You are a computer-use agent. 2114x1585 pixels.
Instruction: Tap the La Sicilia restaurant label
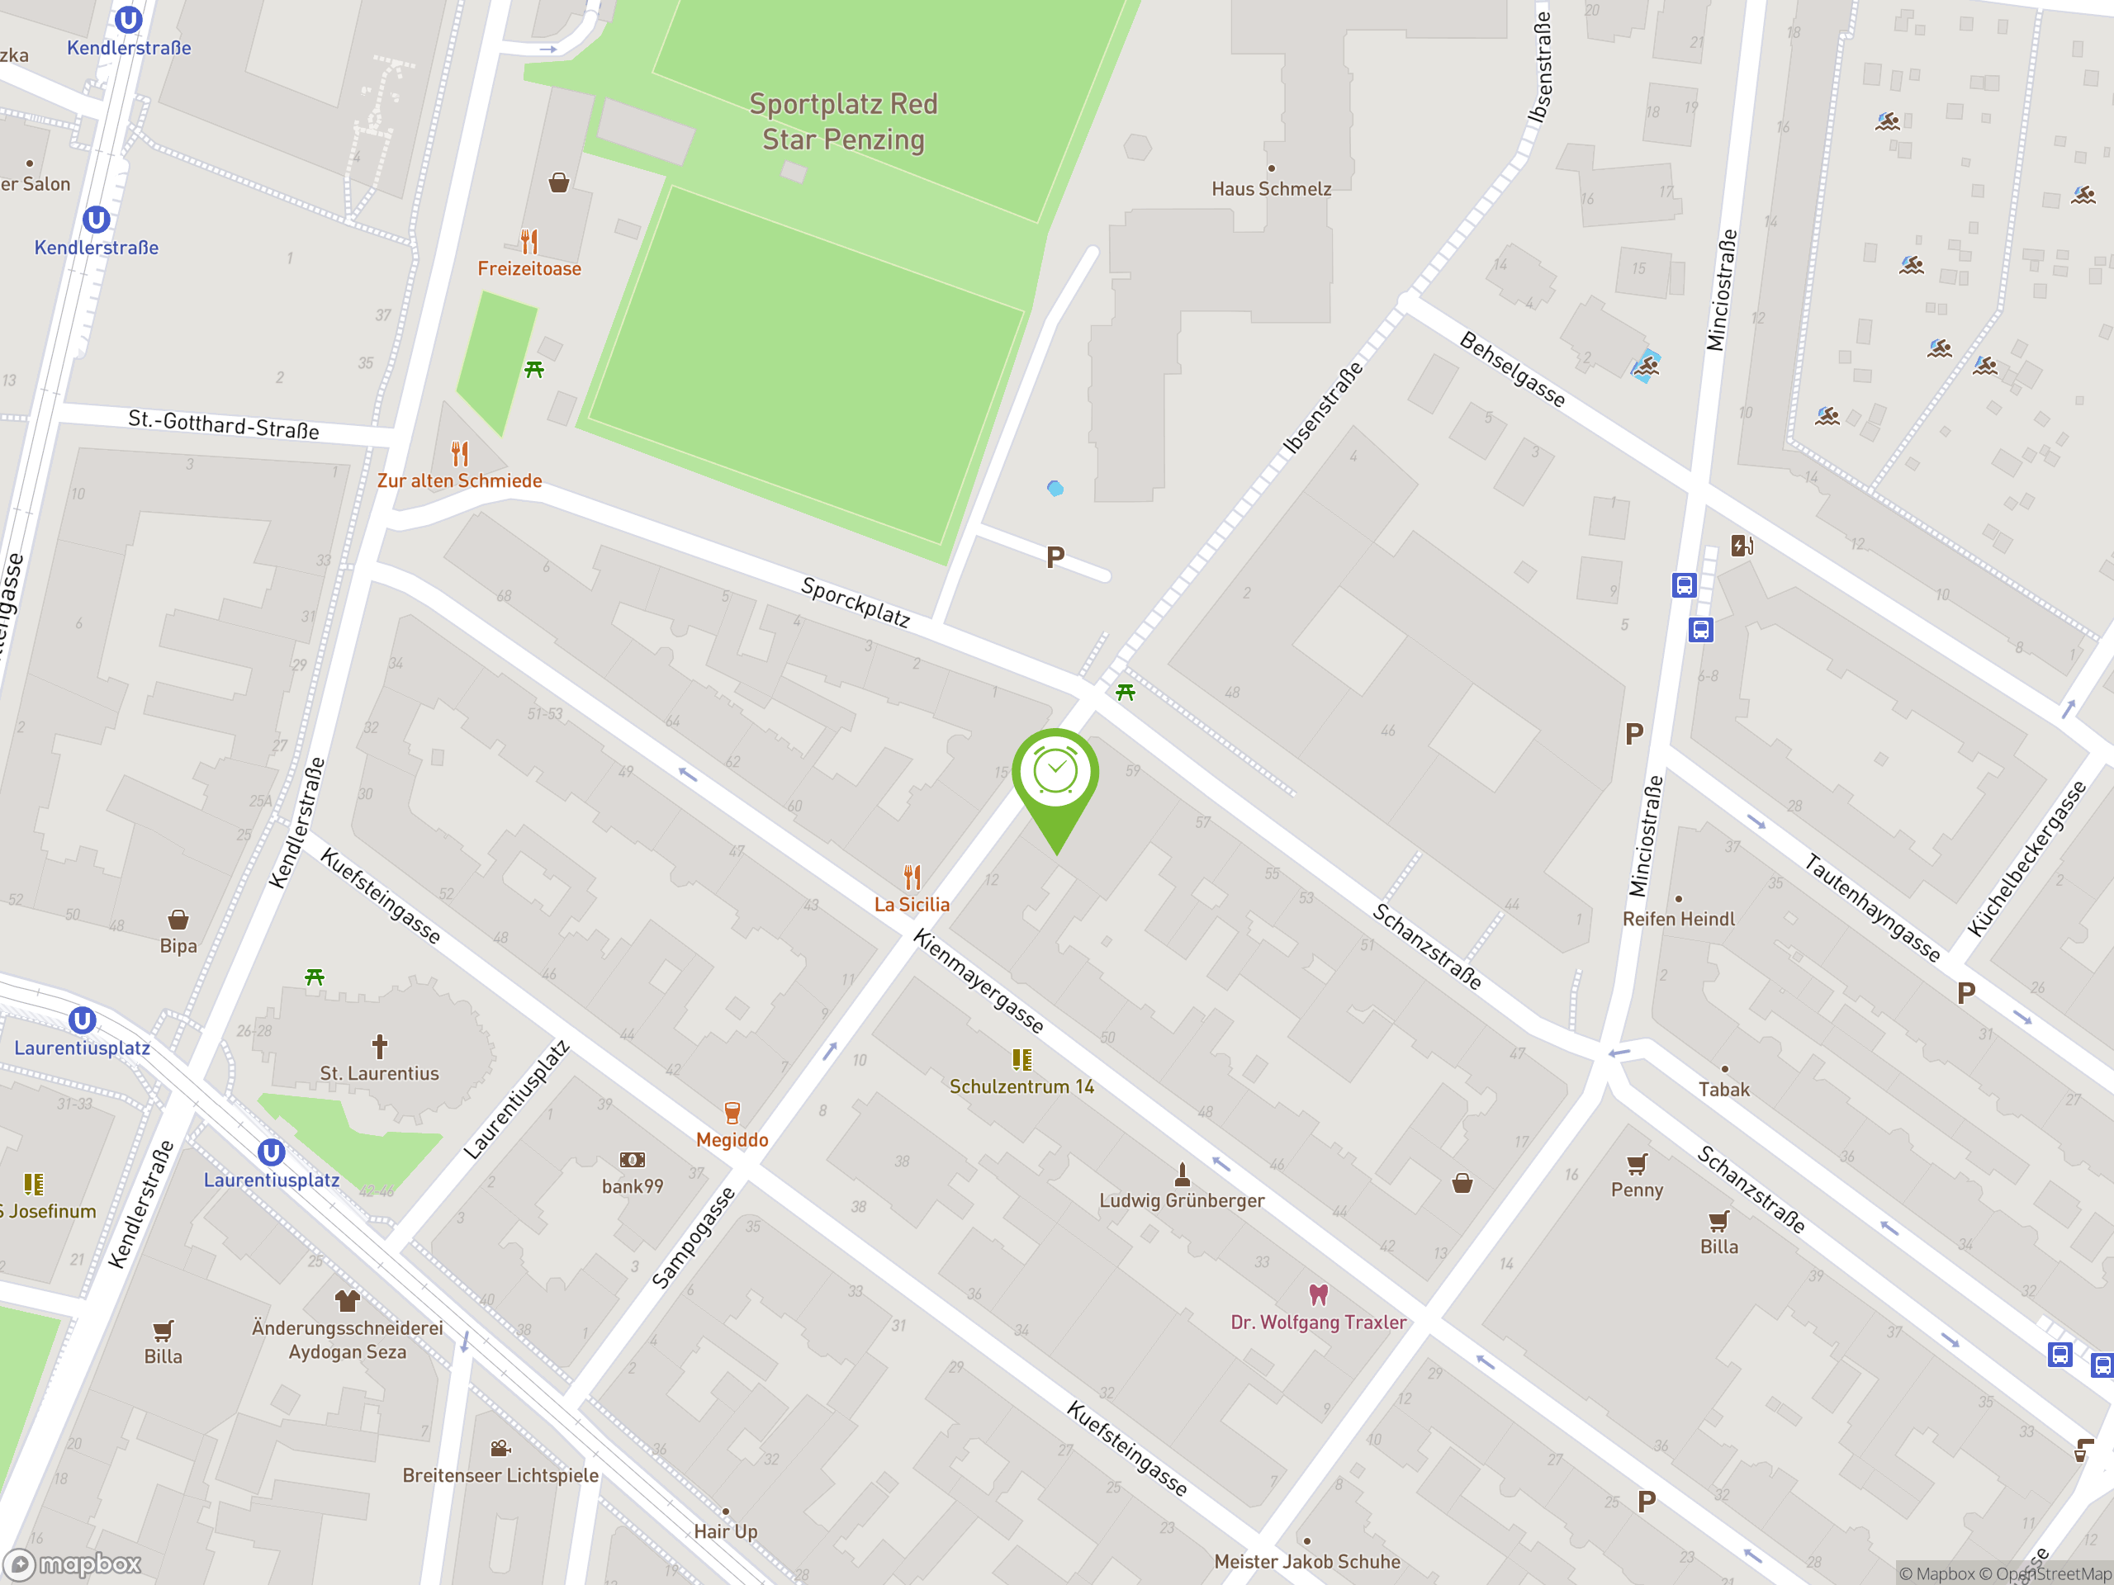click(x=912, y=905)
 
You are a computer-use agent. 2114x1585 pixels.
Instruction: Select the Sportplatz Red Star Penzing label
click(x=843, y=121)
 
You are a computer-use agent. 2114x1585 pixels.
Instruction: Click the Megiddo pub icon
click(x=732, y=1113)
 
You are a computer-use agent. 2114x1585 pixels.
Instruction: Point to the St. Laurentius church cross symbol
click(x=379, y=1046)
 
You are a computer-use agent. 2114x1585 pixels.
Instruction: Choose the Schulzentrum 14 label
click(x=1021, y=1086)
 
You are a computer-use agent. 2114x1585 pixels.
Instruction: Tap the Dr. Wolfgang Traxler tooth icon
click(x=1318, y=1294)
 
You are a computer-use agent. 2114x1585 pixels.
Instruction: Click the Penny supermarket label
click(x=1636, y=1190)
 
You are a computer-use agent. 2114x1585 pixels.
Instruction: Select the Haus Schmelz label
click(x=1271, y=189)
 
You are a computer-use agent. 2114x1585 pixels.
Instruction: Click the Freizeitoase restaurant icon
click(x=529, y=241)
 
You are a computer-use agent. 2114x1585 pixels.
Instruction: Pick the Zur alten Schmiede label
click(x=460, y=480)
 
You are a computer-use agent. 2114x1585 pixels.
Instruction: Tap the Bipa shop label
click(x=178, y=946)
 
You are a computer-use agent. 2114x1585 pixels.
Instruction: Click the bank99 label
click(x=632, y=1186)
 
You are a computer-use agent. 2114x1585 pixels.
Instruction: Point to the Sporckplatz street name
click(x=856, y=602)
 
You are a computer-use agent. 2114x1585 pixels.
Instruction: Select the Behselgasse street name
click(x=1512, y=370)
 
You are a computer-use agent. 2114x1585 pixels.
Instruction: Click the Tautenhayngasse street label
click(x=1871, y=907)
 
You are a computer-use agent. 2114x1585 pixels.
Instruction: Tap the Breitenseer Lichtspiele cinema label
click(x=500, y=1475)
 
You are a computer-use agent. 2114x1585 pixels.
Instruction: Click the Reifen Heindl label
click(x=1678, y=919)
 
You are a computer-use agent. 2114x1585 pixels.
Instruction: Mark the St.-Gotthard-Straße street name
click(x=224, y=424)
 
